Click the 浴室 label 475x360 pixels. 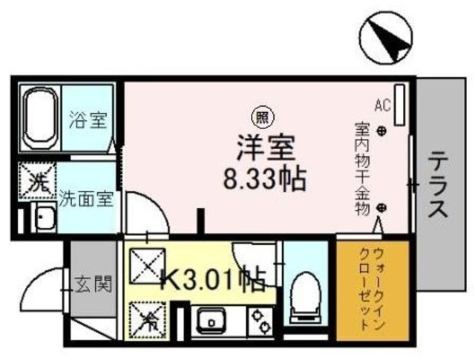[x=88, y=120]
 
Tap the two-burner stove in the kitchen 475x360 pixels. [x=262, y=321]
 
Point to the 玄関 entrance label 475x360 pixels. [x=96, y=283]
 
